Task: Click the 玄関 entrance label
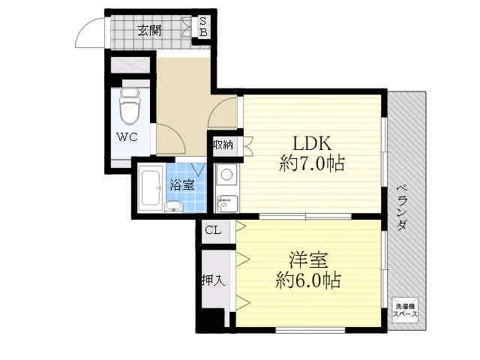click(x=149, y=31)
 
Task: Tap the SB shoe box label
click(x=203, y=27)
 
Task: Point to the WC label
click(x=125, y=136)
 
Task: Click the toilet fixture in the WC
click(x=130, y=106)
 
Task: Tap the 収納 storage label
click(x=222, y=144)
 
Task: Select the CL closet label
click(x=212, y=230)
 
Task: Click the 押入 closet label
click(x=212, y=281)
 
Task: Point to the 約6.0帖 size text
click(x=308, y=281)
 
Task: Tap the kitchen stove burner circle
click(x=226, y=177)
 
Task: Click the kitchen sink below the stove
click(x=226, y=201)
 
